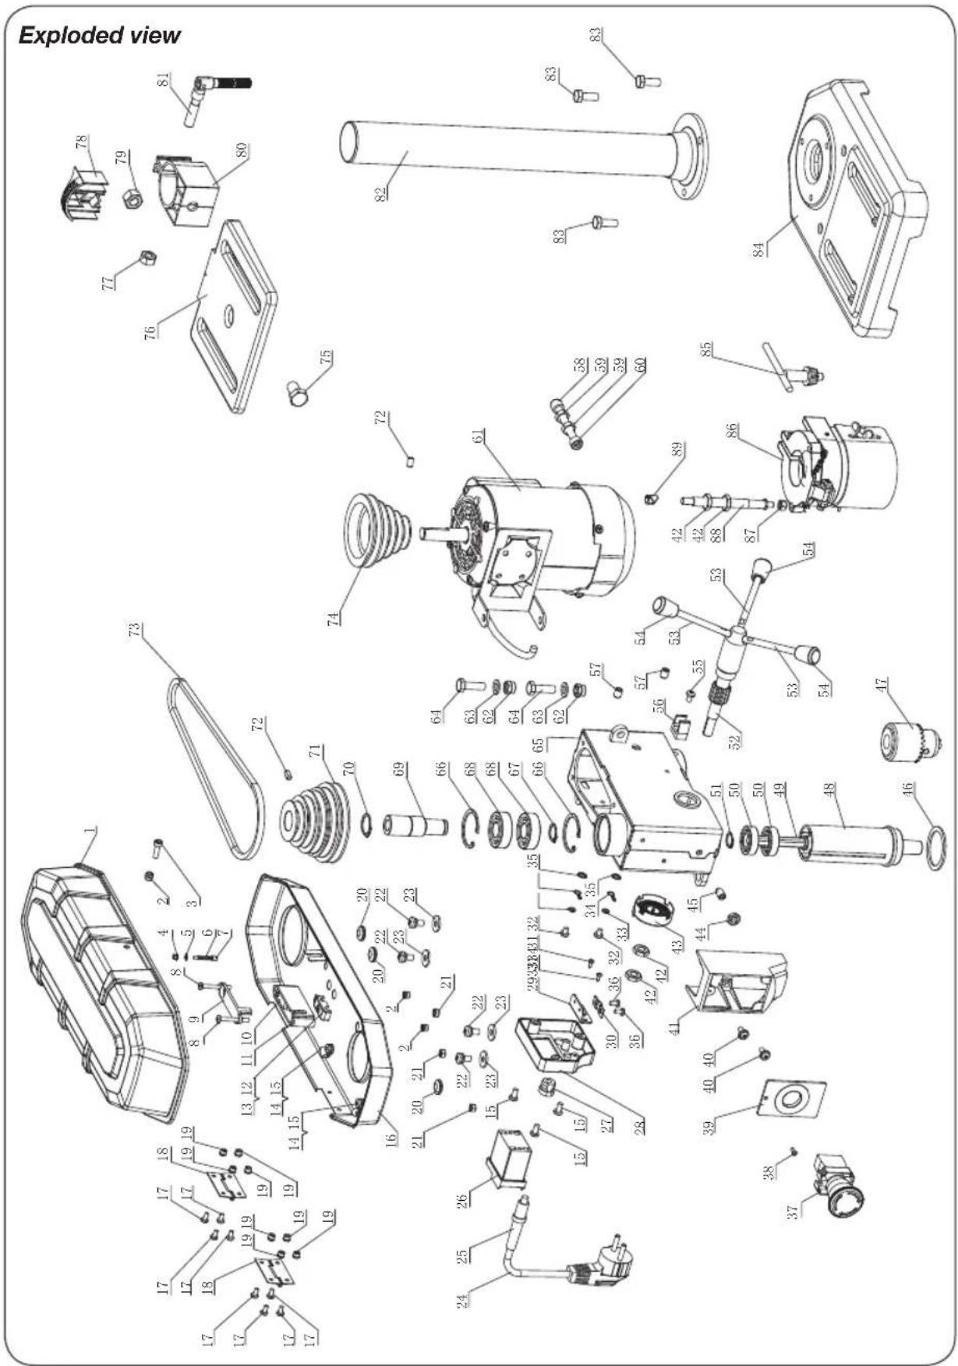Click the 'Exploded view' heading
(99, 35)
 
